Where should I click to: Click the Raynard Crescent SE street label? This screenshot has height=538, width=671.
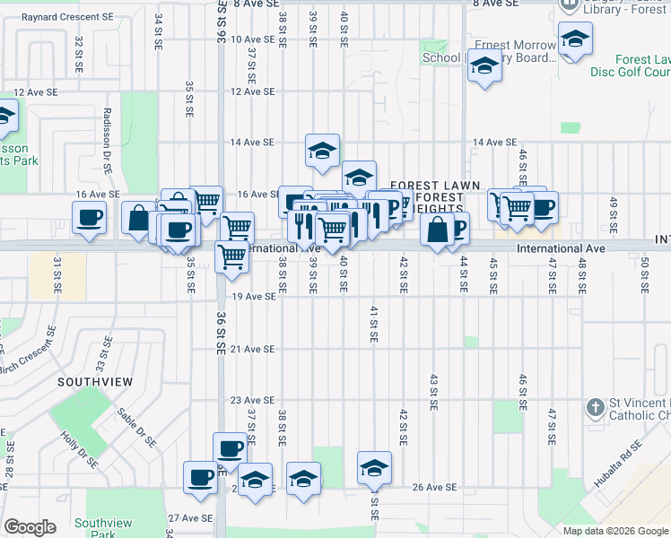tap(68, 17)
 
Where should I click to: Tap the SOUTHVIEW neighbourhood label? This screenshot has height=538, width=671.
tap(95, 382)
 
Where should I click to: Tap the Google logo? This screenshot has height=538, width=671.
tap(30, 527)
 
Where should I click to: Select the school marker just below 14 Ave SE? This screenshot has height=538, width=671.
tap(322, 152)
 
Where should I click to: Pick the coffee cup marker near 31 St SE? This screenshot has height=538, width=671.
tap(89, 218)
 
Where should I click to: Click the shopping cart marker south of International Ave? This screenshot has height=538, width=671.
tap(232, 258)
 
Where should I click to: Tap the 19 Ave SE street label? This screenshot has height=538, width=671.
tap(252, 296)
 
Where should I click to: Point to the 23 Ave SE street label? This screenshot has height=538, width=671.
tap(252, 400)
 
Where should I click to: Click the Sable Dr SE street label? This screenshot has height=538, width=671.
tap(137, 428)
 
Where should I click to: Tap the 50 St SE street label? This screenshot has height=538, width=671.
tap(644, 273)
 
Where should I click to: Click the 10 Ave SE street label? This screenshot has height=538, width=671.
tap(252, 39)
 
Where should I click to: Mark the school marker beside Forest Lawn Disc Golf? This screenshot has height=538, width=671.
tap(574, 39)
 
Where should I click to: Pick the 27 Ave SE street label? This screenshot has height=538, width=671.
tap(190, 517)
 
